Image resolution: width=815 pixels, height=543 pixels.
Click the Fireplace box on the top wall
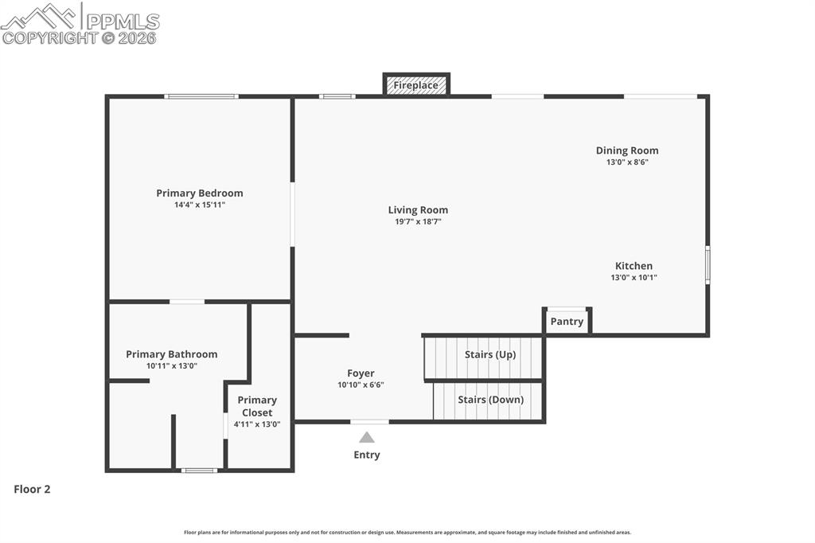[416, 85]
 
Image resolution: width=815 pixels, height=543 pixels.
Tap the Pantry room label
[567, 322]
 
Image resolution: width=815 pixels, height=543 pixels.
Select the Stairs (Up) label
[490, 354]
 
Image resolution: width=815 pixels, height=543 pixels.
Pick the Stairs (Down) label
[490, 400]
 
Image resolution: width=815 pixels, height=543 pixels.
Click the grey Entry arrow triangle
[367, 437]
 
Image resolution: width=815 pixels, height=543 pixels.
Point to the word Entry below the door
[367, 455]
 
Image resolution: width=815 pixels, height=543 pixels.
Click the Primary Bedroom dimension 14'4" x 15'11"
[200, 205]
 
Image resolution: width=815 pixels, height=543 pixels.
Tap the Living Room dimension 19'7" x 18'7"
[418, 222]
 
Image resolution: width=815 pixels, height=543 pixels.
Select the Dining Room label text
[627, 150]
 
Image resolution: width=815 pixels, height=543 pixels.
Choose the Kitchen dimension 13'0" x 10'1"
[634, 278]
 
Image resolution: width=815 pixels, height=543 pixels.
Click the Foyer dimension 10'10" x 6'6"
[361, 385]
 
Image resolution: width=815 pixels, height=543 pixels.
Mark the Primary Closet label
[257, 406]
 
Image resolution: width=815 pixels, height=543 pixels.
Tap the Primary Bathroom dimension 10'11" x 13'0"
[171, 366]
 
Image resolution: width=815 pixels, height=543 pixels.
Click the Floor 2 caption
[32, 490]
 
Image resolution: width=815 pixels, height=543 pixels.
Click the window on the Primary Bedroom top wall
[201, 96]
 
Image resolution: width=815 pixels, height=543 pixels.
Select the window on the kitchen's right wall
[708, 265]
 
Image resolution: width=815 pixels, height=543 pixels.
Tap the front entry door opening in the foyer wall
[369, 421]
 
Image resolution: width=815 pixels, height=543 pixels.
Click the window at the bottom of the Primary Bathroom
[199, 471]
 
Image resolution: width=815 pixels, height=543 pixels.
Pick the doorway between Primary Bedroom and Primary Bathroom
[187, 302]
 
